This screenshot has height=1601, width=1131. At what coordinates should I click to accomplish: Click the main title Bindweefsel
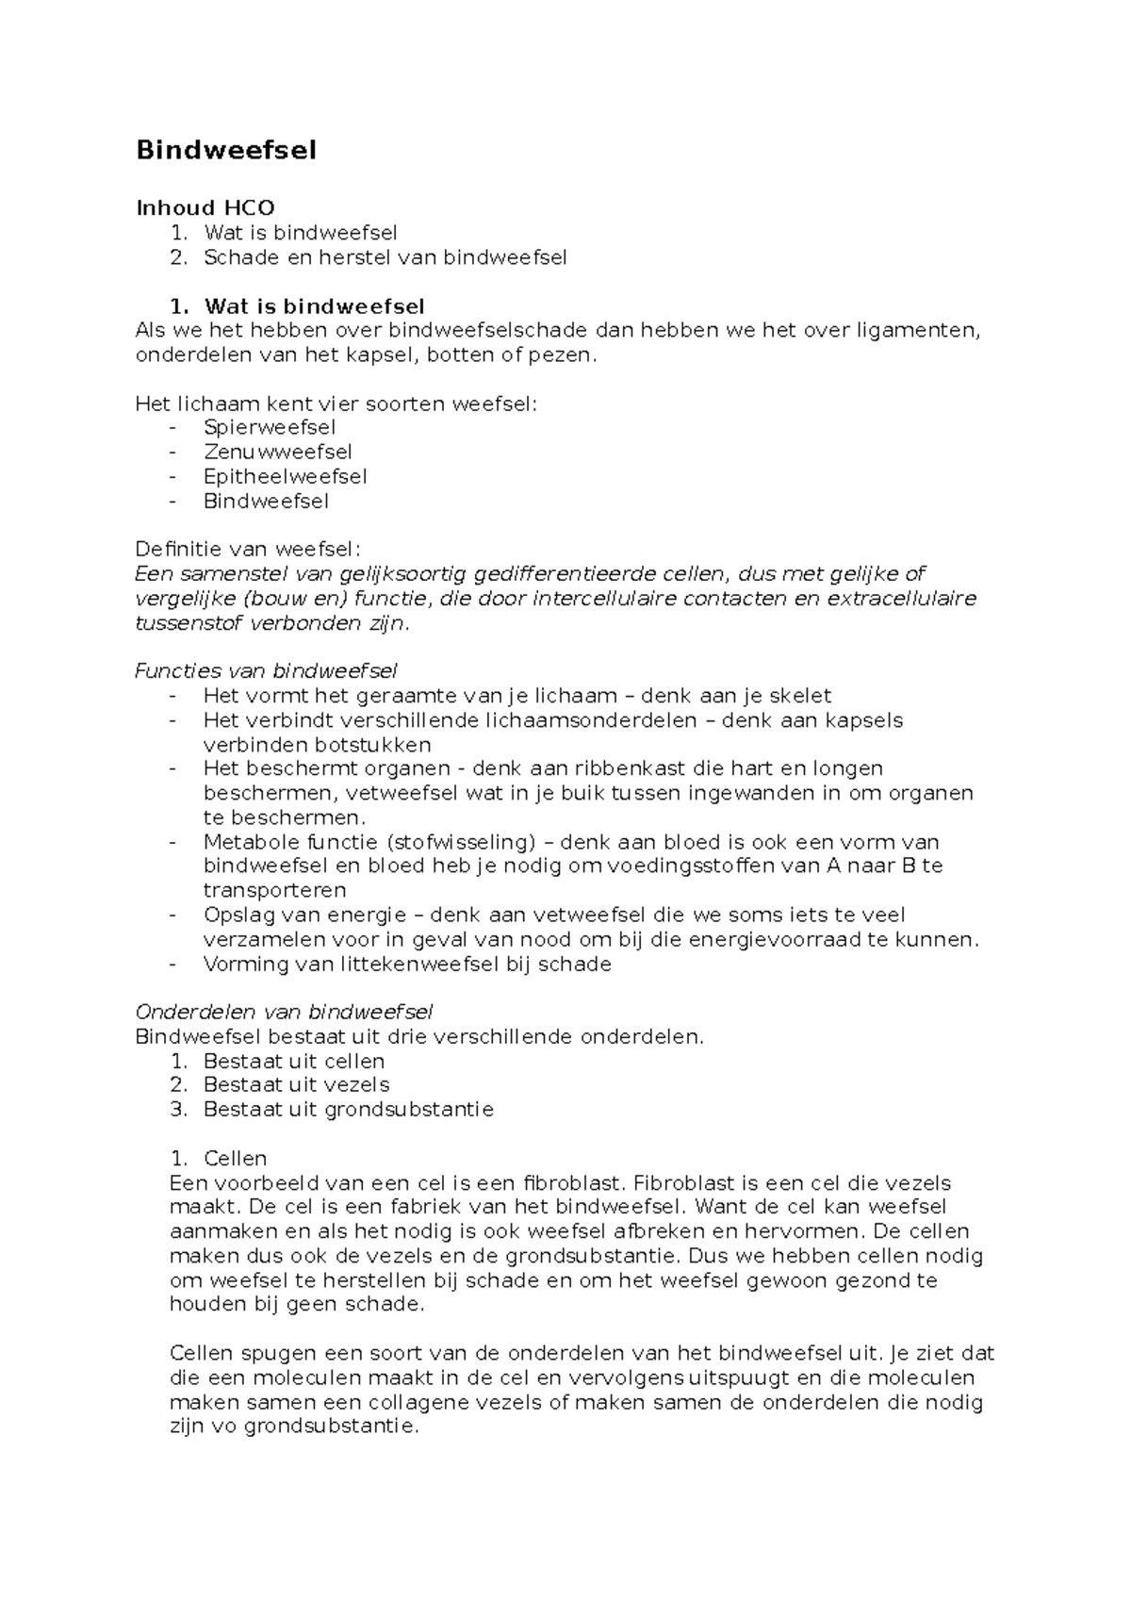coord(226,150)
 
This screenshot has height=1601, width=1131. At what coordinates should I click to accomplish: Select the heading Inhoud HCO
coord(205,207)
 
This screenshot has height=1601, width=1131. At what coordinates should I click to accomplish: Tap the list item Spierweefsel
coord(270,427)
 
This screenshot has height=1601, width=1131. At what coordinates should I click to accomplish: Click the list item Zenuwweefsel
coord(278,452)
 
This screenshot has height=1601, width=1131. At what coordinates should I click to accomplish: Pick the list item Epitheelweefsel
coord(285,476)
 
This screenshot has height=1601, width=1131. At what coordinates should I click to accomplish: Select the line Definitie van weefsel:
coord(248,549)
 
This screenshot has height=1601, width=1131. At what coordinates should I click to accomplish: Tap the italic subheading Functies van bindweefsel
coord(266,670)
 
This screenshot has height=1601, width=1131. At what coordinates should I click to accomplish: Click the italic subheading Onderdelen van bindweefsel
coord(284,1012)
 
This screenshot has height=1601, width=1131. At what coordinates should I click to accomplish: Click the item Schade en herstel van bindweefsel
coord(385,256)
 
